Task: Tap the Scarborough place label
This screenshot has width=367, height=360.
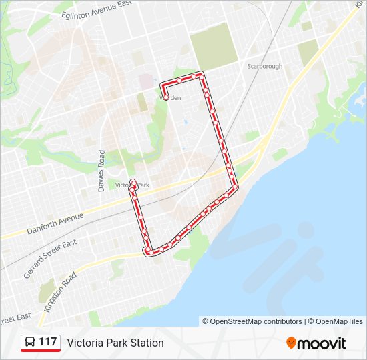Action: coord(265,66)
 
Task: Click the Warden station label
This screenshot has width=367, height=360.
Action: coord(171,98)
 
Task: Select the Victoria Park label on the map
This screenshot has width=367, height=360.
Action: coord(132,185)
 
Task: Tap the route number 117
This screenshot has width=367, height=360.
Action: coord(48,342)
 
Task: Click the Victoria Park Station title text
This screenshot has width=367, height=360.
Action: coord(115,343)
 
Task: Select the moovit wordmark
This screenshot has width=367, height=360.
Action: coord(322,343)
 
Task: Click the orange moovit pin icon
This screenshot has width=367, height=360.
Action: coord(292,343)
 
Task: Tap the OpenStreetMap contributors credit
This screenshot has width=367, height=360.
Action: coord(252,321)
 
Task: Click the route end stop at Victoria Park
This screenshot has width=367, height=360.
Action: coord(134,181)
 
